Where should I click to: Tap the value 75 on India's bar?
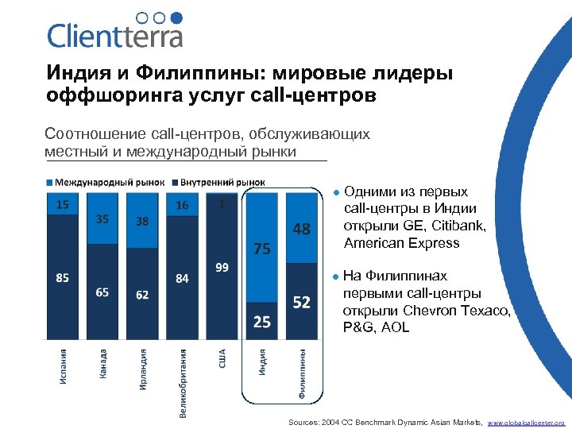coord(262,248)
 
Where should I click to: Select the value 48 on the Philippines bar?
coord(301,229)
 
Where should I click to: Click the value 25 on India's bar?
coord(262,322)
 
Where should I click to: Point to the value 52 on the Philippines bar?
coord(302,303)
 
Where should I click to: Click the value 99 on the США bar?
coord(222,267)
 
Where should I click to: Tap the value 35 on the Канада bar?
coord(102,218)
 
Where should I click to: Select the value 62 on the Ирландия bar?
coord(142,295)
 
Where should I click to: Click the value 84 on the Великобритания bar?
coord(182,278)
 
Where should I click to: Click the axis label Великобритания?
coord(183,382)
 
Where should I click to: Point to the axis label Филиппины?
coord(302,373)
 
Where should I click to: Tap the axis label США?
coord(222,358)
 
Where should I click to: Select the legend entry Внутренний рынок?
coord(222,182)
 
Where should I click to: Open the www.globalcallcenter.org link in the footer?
coord(525,423)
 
